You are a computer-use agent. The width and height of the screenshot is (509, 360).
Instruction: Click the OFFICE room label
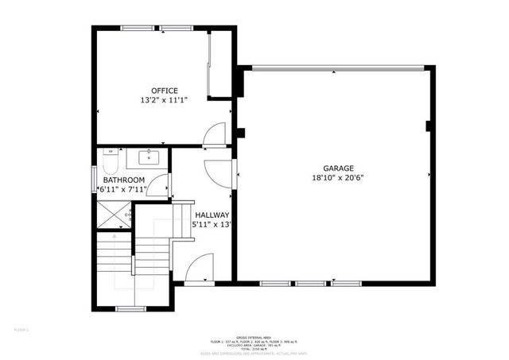click(x=164, y=90)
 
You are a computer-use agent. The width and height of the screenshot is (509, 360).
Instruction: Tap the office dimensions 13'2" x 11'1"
click(x=164, y=101)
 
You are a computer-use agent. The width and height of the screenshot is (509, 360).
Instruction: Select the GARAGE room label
click(x=337, y=168)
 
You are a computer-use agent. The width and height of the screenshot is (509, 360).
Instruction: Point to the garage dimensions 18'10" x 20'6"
click(x=337, y=179)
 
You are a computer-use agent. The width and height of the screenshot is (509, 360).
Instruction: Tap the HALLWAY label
click(x=212, y=215)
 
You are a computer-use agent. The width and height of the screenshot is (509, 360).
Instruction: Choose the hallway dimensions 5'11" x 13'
click(x=212, y=226)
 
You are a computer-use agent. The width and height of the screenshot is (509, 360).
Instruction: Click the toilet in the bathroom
click(x=112, y=162)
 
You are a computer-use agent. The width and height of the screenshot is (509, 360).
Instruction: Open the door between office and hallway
click(x=213, y=137)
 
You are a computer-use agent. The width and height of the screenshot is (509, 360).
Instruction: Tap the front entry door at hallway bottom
click(x=199, y=269)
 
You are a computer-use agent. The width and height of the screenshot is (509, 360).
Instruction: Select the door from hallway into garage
click(x=219, y=171)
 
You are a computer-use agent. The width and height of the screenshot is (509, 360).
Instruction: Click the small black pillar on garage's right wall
click(x=429, y=125)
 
